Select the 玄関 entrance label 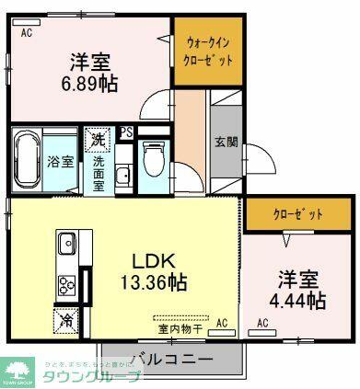[226, 143]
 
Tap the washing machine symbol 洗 [97, 141]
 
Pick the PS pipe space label [126, 132]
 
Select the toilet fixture [154, 158]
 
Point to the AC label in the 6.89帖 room [27, 33]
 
